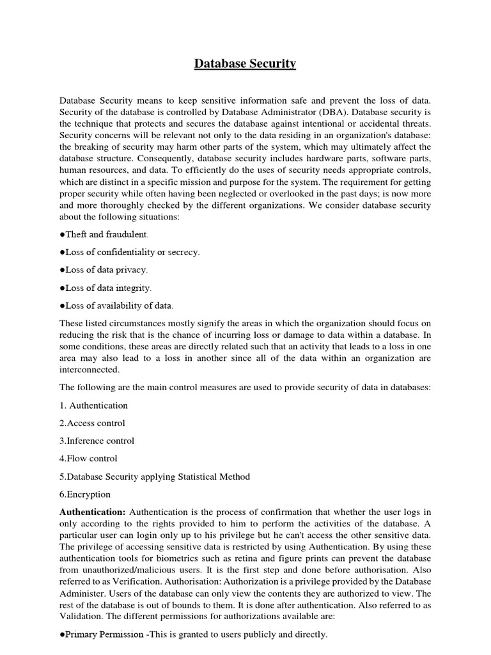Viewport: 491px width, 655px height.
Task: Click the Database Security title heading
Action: pos(245,64)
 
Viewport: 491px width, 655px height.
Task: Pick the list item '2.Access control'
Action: pos(92,423)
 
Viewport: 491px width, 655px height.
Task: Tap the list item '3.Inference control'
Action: pos(97,441)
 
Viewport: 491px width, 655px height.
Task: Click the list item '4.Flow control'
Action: pos(88,459)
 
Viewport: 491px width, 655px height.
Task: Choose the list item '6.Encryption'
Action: pos(85,494)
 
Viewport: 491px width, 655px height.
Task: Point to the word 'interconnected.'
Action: pos(90,370)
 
